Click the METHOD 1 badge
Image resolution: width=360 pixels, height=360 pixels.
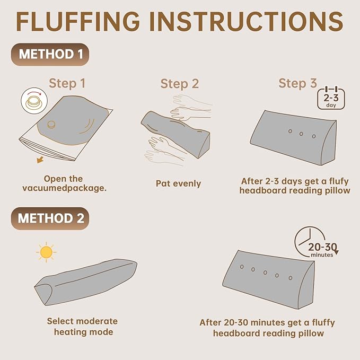(50, 55)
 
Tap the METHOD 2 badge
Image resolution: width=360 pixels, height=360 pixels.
(50, 218)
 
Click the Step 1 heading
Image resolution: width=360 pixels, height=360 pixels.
(67, 83)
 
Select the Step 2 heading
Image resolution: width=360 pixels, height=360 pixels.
(180, 84)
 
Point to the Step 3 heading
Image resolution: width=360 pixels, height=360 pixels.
(297, 83)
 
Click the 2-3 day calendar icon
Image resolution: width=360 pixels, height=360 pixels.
(331, 98)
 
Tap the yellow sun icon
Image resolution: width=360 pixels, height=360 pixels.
(46, 252)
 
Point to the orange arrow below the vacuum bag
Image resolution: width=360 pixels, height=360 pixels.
(40, 160)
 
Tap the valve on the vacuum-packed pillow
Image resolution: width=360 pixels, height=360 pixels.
(51, 125)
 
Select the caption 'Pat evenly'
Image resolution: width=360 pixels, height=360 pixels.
(178, 183)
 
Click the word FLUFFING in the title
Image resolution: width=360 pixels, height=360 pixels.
(78, 21)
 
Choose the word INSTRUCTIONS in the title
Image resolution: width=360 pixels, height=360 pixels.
(247, 21)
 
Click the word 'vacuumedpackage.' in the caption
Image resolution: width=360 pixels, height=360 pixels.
(65, 188)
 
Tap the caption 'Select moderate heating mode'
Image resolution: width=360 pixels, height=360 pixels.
(83, 327)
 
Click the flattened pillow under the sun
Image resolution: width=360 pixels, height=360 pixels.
(86, 282)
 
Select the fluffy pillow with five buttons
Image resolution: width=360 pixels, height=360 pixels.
(268, 279)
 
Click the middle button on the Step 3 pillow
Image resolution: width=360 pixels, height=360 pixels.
(301, 134)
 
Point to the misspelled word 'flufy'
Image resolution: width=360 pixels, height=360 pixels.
(339, 181)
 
